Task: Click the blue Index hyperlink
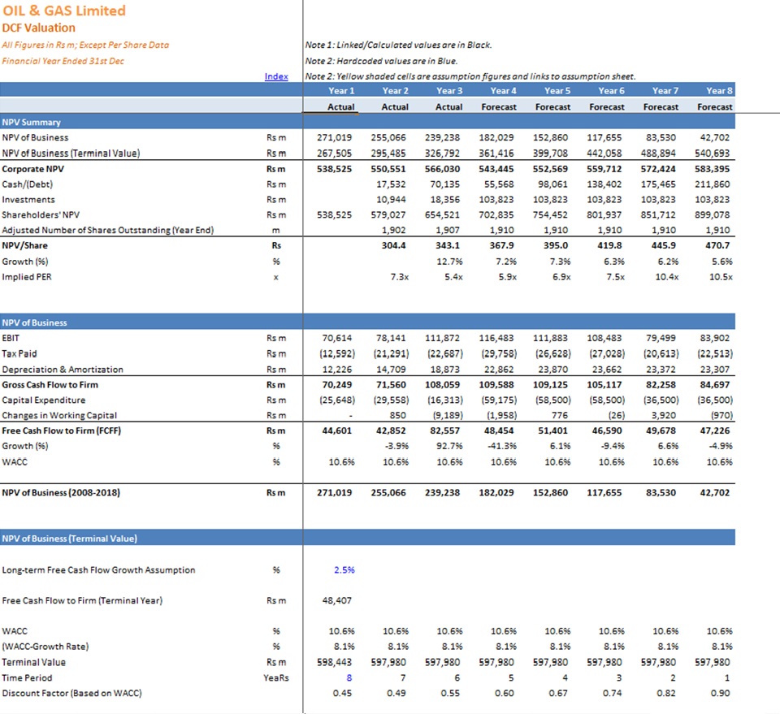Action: coord(276,76)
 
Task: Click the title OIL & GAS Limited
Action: coord(64,11)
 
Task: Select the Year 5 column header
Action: coord(557,90)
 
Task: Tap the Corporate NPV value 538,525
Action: coord(334,169)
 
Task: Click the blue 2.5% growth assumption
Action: coord(344,569)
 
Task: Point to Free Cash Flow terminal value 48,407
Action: coord(336,600)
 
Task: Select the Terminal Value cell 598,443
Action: coord(334,662)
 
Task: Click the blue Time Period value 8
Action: coord(349,677)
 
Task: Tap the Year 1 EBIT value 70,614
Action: coord(336,338)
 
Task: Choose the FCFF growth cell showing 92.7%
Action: coord(449,446)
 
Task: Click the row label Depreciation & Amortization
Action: coord(63,370)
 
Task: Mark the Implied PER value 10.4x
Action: coord(666,277)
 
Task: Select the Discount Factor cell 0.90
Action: coord(721,693)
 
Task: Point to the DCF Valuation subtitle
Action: coord(39,28)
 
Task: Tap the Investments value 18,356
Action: coord(444,199)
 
